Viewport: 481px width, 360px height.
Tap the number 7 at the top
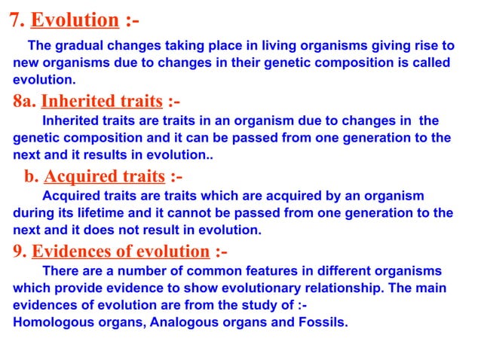[x=14, y=20]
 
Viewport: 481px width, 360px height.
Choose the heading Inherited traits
[x=102, y=101]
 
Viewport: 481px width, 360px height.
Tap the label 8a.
[x=23, y=101]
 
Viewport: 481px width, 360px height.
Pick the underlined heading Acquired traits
[x=104, y=177]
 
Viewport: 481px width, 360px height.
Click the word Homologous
[x=48, y=323]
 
